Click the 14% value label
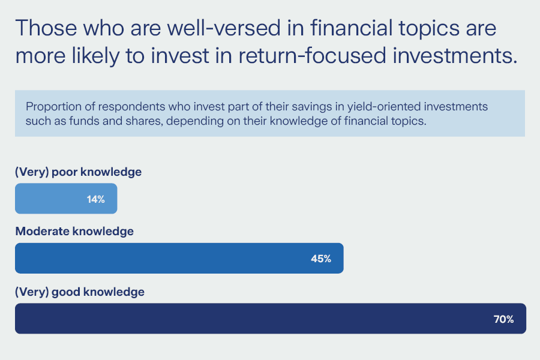[x=96, y=199]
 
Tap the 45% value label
[x=321, y=259]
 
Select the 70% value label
[x=503, y=319]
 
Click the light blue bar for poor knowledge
[x=66, y=199]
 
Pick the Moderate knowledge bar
[x=179, y=259]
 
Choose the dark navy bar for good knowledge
[x=271, y=319]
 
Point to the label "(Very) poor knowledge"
[x=78, y=172]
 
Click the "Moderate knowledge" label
[x=74, y=231]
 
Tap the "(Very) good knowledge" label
[x=80, y=292]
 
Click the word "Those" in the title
[x=46, y=28]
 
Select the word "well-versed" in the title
[x=224, y=28]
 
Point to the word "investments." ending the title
[x=455, y=55]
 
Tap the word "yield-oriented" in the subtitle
[x=383, y=107]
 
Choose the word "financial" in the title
[x=352, y=28]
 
